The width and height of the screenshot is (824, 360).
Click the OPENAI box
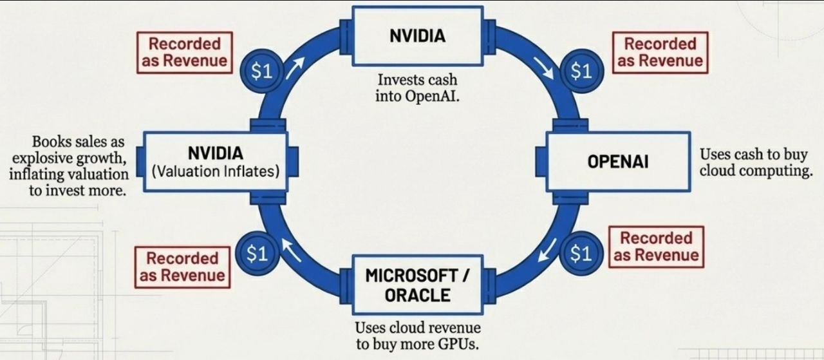(x=618, y=162)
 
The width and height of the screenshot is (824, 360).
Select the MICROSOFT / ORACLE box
(x=418, y=285)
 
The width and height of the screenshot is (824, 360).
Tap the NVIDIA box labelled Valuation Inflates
(x=216, y=162)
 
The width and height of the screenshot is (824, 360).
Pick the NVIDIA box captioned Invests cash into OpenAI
(x=418, y=36)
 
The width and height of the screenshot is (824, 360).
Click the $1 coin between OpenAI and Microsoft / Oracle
(x=581, y=253)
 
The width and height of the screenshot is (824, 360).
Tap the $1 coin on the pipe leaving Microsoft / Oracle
(x=257, y=253)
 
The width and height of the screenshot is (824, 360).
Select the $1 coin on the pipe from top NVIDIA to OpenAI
(x=581, y=71)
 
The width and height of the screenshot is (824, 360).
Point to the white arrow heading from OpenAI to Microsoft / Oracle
(x=547, y=250)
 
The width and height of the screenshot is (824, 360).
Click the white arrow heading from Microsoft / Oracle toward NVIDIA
(x=292, y=250)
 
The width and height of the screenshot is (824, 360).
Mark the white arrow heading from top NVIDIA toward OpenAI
(x=543, y=68)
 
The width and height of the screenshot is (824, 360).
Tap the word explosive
(x=44, y=158)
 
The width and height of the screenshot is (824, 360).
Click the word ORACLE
(x=418, y=295)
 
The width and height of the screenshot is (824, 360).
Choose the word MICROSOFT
(x=411, y=276)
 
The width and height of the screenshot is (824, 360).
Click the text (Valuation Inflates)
(x=216, y=171)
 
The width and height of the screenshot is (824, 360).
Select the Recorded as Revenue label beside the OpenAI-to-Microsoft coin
(x=656, y=247)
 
